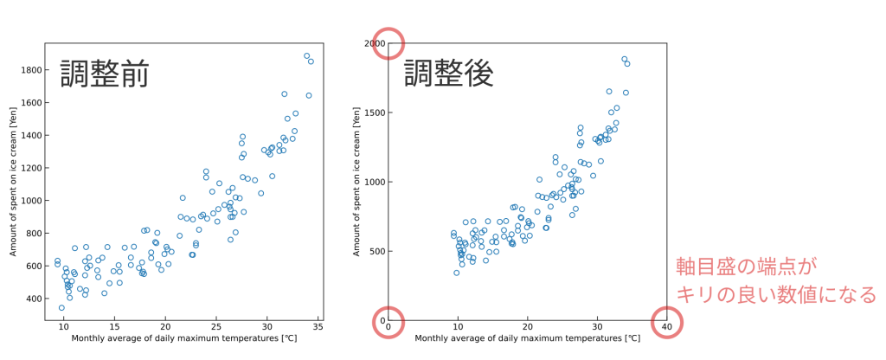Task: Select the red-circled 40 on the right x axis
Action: pos(666,326)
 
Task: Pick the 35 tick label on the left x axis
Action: pos(318,326)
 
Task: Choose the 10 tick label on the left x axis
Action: pos(64,326)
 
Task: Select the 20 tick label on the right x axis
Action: pos(528,326)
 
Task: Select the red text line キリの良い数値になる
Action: pos(776,295)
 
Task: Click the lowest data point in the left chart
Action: pos(61,307)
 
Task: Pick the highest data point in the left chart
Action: pos(306,55)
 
